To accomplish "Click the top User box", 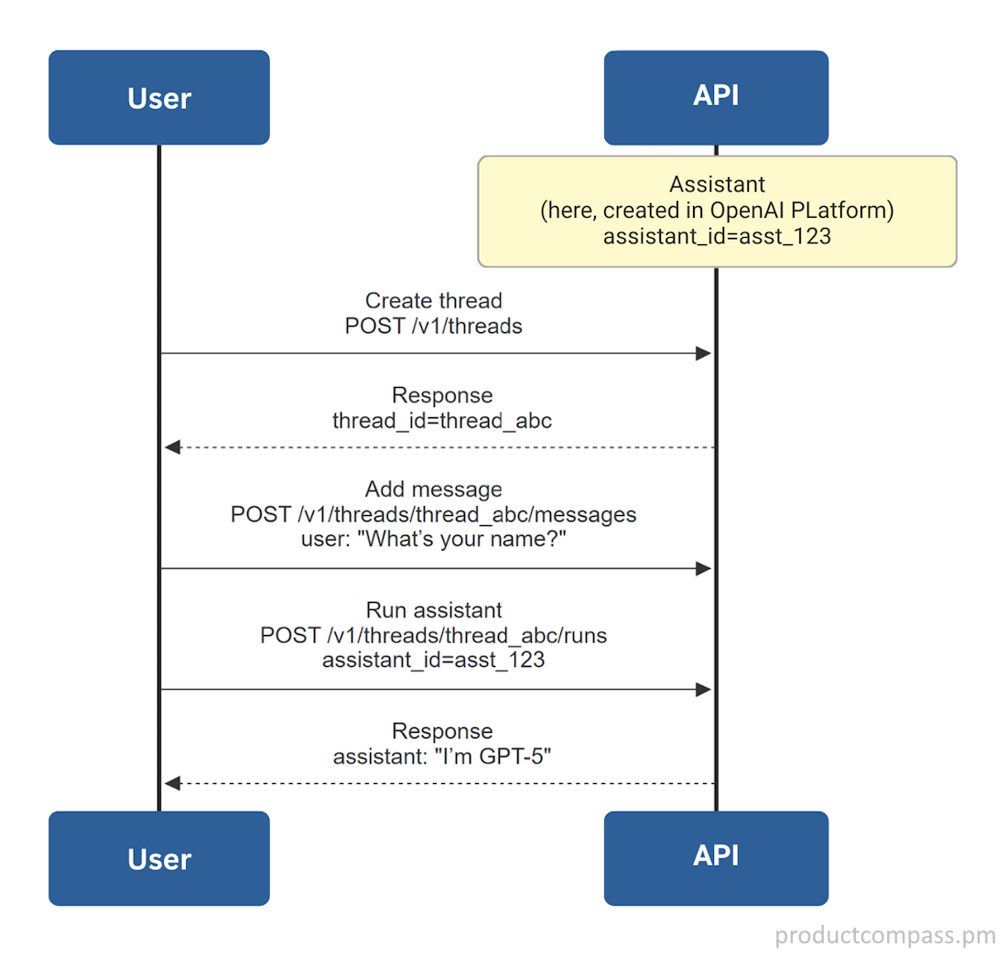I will pos(158,98).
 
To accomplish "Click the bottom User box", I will pos(158,858).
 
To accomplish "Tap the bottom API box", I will pos(716,857).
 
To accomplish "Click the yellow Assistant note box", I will pos(717,211).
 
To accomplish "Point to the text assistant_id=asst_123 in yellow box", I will pos(717,236).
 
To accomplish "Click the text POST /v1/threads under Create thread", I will pos(433,326).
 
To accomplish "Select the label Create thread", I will pos(433,301).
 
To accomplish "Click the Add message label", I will pos(433,489).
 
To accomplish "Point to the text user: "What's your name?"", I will pos(434,539).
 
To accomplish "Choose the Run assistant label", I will pos(434,610).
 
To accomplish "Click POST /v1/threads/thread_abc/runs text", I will pos(434,635).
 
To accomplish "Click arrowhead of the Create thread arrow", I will pos(703,353).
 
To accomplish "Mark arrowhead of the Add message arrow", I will pos(703,568).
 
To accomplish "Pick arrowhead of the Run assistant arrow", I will pos(703,690).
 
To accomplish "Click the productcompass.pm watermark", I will pos(884,935).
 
